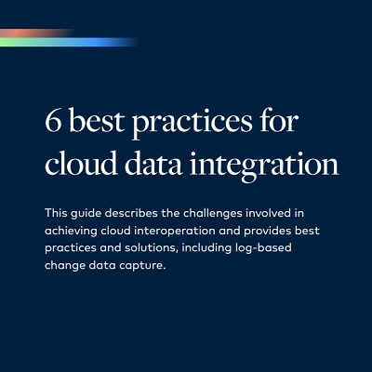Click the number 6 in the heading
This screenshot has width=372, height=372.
pos(53,120)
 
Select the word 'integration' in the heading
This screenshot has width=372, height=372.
pos(264,165)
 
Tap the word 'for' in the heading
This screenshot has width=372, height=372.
pos(279,120)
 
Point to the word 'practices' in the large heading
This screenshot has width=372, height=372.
pos(193,124)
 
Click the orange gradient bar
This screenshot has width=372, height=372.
pos(36,33)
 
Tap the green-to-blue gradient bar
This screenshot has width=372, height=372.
pos(68,42)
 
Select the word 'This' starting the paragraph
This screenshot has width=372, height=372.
pos(56,213)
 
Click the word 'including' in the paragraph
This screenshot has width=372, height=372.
pos(206,248)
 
